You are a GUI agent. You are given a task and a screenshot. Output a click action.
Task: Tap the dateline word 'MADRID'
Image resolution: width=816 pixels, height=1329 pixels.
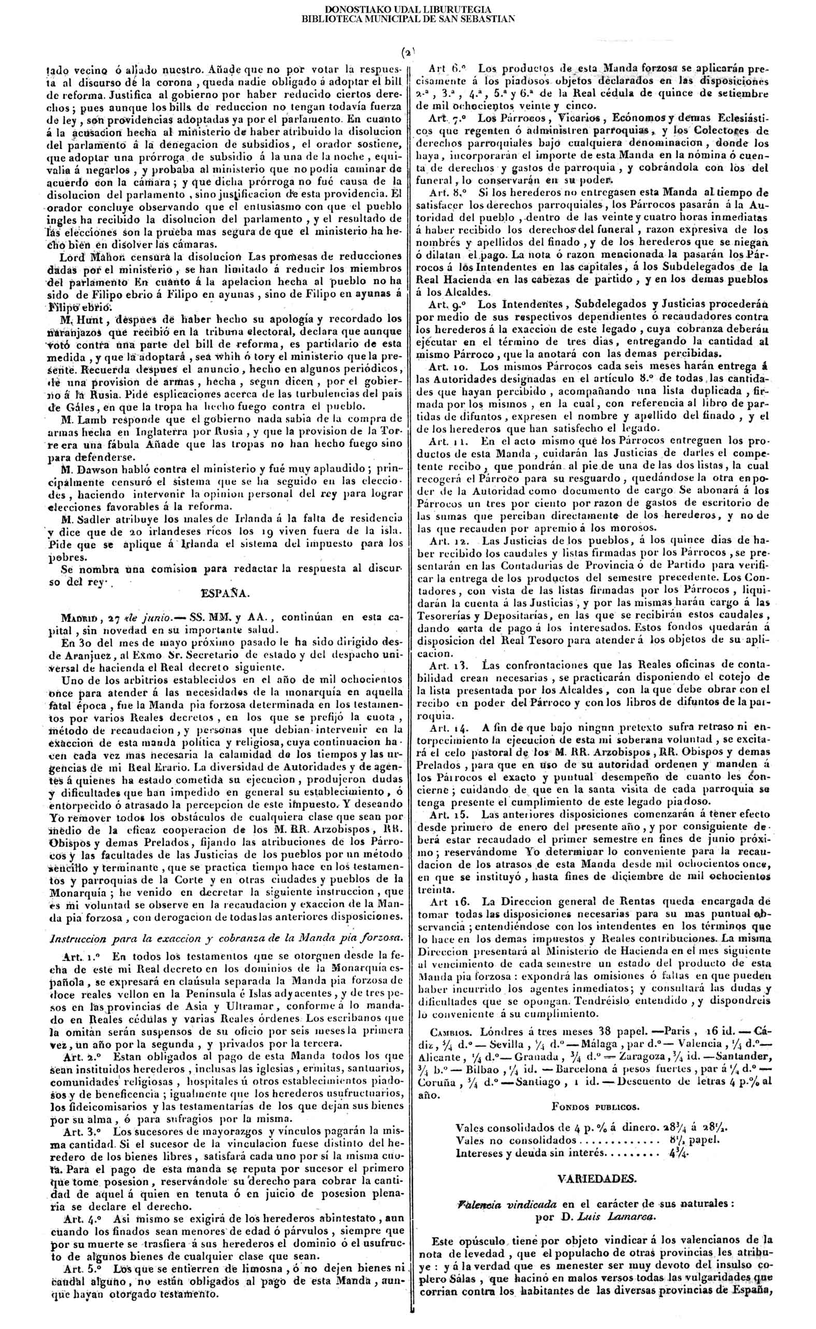(x=79, y=617)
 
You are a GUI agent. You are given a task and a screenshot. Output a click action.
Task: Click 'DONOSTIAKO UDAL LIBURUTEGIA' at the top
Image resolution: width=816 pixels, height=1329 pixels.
(x=408, y=9)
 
